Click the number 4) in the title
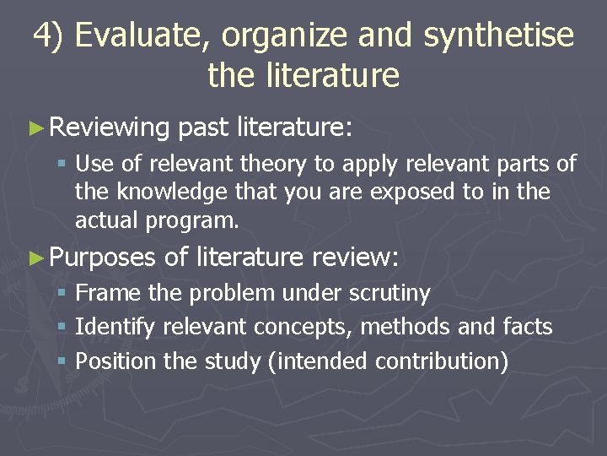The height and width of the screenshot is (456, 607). pos(47,36)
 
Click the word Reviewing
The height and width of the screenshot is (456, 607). pos(110,128)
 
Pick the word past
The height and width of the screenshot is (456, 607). pos(203,128)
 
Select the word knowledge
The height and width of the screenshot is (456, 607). pos(158,193)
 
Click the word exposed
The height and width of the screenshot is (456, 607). pos(412,193)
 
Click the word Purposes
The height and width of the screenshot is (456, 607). pos(103,257)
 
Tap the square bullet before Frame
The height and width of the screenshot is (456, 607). pos(63,293)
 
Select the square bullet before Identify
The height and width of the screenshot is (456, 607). pos(63,327)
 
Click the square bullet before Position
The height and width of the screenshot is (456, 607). pos(63,361)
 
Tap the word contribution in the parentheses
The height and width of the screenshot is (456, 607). pos(442,361)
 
